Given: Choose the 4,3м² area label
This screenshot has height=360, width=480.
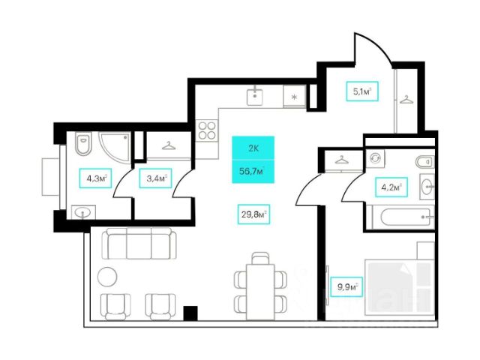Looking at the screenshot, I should (94, 179).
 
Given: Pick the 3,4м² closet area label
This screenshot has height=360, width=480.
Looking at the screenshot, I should (155, 179).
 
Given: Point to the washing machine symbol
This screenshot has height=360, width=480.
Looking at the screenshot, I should (375, 158).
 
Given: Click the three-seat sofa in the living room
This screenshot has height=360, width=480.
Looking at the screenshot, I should (138, 244).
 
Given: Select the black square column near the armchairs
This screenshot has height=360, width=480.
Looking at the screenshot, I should (190, 312).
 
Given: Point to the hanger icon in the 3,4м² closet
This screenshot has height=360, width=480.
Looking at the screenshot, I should (169, 145).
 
